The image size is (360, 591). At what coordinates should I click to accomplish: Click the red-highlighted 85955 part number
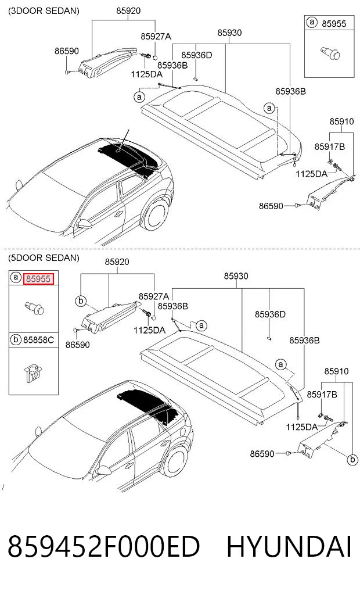point(38,279)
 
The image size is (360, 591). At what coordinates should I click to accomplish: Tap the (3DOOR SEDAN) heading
point(44,11)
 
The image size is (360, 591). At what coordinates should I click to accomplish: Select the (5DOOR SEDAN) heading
point(44,258)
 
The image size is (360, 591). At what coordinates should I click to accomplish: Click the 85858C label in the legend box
point(38,340)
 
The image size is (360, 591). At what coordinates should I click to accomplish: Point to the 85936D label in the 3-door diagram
point(197,55)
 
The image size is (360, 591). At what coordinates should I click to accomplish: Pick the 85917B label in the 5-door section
point(322,394)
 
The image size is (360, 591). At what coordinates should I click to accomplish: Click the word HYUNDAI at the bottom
point(289,547)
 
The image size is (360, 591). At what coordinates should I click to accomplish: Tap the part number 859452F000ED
point(103,547)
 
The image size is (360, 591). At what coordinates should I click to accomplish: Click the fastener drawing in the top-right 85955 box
point(330,53)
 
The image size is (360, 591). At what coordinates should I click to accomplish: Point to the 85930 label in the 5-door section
point(236,276)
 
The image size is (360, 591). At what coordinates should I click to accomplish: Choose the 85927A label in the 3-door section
point(156,37)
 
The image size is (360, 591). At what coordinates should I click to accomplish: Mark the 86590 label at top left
point(67,51)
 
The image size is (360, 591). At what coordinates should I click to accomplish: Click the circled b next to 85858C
point(16,339)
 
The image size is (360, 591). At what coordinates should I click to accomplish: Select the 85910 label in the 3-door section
point(341,121)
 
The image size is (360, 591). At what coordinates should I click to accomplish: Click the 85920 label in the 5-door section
point(117,262)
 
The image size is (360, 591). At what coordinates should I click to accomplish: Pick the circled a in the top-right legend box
point(312,22)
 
